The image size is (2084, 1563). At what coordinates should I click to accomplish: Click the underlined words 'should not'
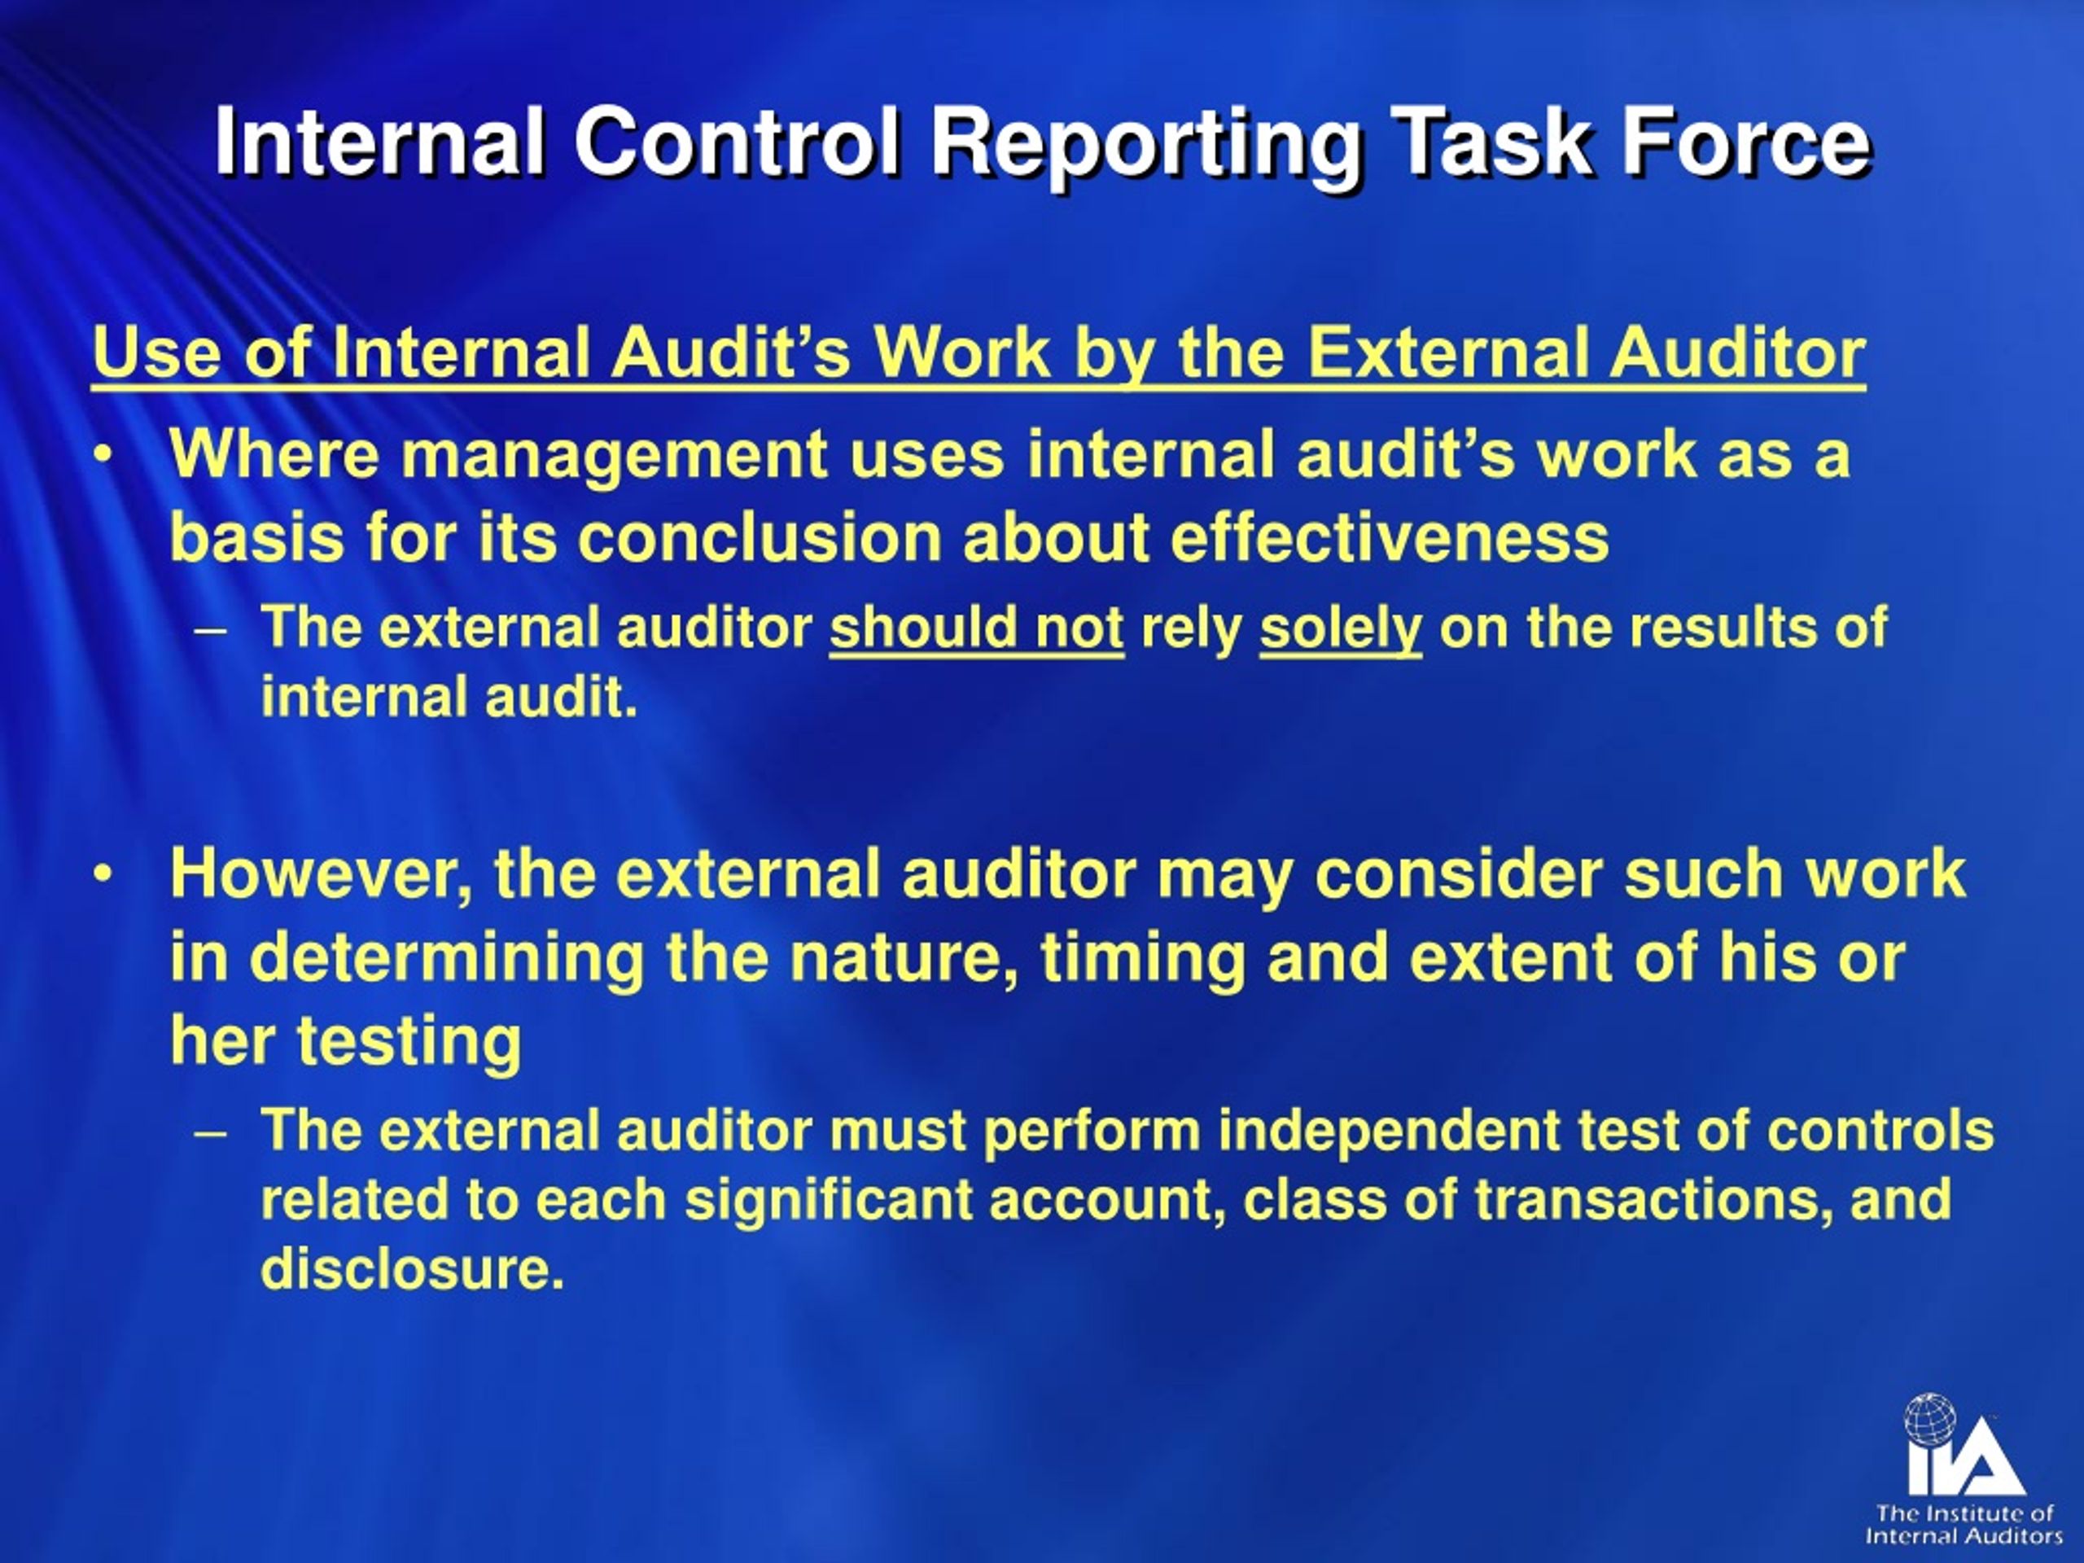point(976,628)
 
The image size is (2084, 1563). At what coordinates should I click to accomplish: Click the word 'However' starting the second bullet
point(319,873)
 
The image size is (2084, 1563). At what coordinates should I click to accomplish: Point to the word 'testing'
point(408,1041)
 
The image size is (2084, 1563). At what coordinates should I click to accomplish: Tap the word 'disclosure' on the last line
point(411,1268)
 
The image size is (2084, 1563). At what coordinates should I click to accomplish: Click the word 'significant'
point(828,1199)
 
